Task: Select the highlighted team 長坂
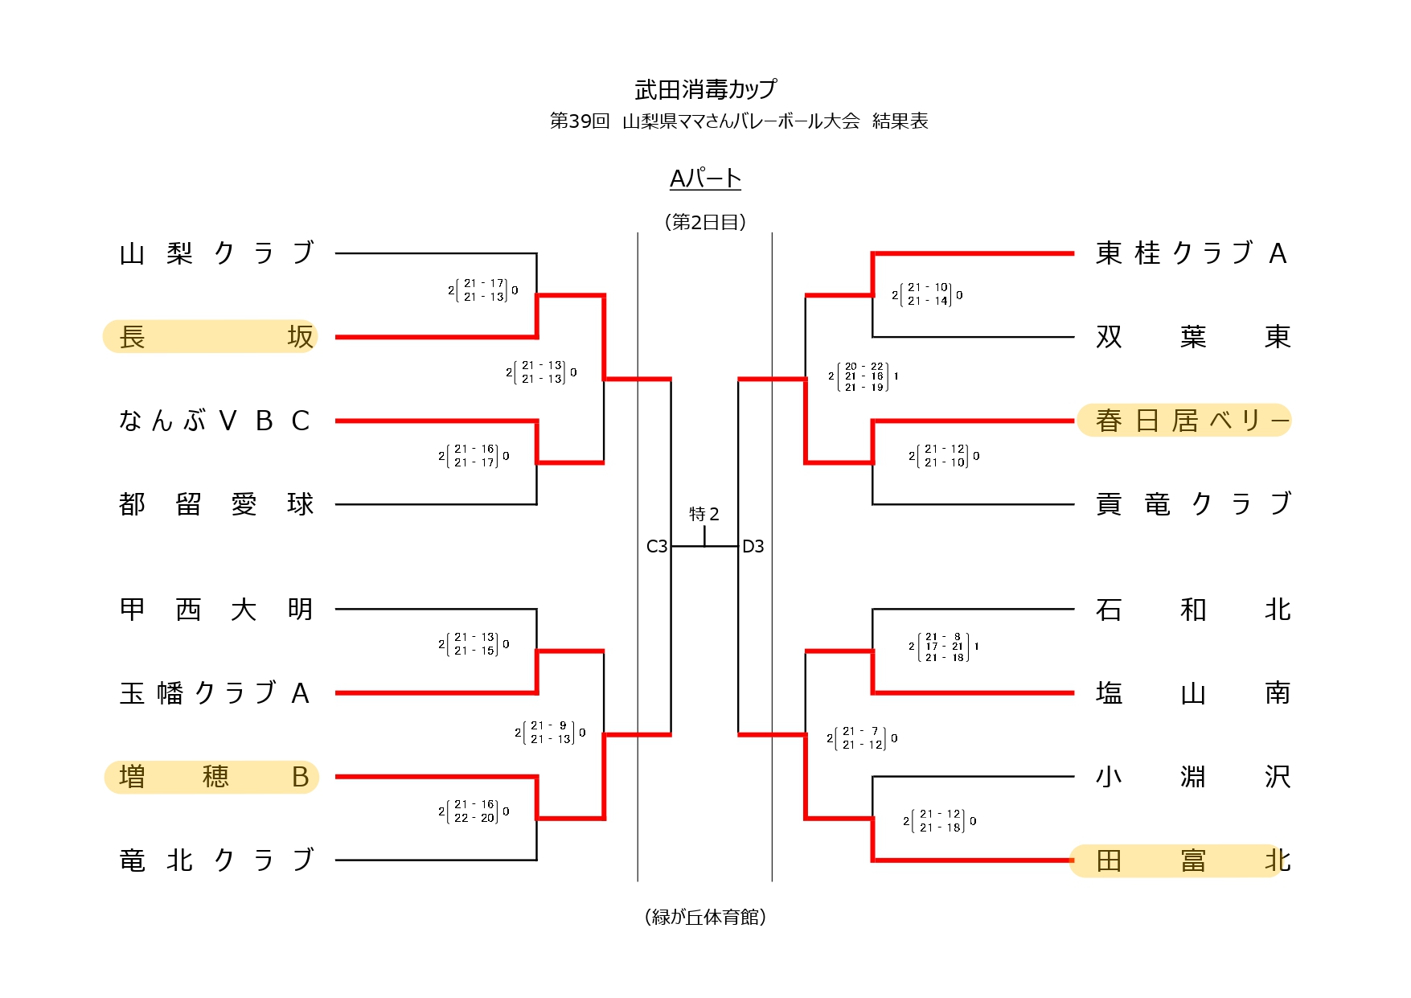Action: pyautogui.click(x=211, y=336)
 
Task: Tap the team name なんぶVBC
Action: pyautogui.click(x=214, y=421)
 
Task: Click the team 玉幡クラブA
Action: pyautogui.click(x=214, y=693)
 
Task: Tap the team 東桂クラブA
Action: pyautogui.click(x=1192, y=253)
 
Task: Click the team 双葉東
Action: pyautogui.click(x=1192, y=336)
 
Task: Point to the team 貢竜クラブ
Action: pyautogui.click(x=1192, y=504)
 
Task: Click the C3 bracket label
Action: pyautogui.click(x=657, y=547)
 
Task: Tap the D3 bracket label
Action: pyautogui.click(x=753, y=547)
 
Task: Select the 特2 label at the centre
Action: pyautogui.click(x=704, y=514)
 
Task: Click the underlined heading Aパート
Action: pyautogui.click(x=705, y=179)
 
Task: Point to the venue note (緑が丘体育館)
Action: pyautogui.click(x=705, y=917)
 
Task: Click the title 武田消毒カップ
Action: pyautogui.click(x=705, y=89)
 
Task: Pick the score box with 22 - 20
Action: pyautogui.click(x=474, y=811)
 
